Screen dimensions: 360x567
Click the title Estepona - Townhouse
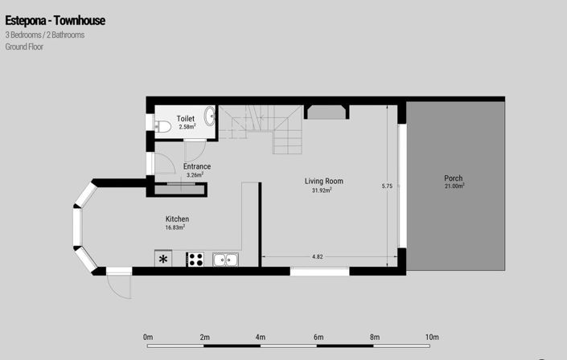coord(55,20)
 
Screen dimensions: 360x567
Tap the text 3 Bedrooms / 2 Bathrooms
coord(44,35)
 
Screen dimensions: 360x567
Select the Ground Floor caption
coord(24,47)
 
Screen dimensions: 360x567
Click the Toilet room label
coord(186,119)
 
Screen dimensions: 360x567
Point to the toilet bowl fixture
coord(161,125)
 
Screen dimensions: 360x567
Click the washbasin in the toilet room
coord(211,116)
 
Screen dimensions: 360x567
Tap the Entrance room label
coord(197,166)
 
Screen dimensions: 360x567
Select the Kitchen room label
coord(177,219)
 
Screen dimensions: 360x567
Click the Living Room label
coord(323,181)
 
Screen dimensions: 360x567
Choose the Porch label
coord(454,178)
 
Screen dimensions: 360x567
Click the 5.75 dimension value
coord(387,186)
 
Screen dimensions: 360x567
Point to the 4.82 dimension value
coord(317,256)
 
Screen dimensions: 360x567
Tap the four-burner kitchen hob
coord(195,259)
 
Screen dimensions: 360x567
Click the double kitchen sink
coord(225,259)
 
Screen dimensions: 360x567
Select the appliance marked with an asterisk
coord(164,259)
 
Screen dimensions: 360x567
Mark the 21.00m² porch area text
coord(454,186)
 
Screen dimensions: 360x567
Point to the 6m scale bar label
coord(318,337)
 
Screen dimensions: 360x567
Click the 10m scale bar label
coord(432,337)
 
